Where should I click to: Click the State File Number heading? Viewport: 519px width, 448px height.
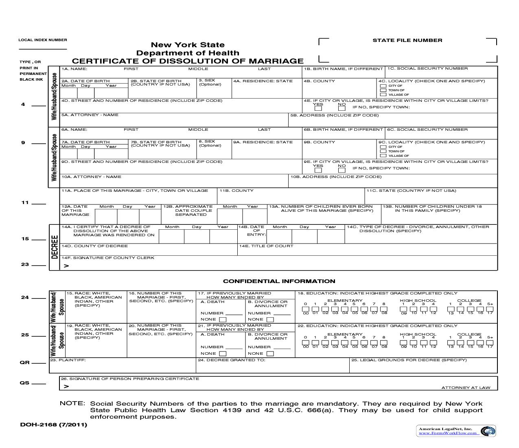pos(407,40)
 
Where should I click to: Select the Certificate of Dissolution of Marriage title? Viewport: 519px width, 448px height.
pos(188,61)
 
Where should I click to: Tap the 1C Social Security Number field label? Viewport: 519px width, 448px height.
pos(427,68)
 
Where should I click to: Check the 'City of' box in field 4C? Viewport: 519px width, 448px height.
pos(383,86)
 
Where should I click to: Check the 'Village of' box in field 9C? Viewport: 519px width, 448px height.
pos(383,156)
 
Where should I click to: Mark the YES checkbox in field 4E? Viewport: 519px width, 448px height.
pos(318,108)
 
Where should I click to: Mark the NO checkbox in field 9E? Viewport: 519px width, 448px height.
pos(342,169)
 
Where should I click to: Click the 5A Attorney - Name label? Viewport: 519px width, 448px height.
pos(90,115)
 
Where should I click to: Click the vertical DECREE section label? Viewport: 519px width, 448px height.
pos(55,247)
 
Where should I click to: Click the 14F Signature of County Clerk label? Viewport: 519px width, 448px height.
pos(108,258)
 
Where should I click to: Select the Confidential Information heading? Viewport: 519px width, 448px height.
pos(279,281)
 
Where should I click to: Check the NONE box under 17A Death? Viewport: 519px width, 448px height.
pos(222,320)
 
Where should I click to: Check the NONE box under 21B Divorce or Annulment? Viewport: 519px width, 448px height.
pos(270,354)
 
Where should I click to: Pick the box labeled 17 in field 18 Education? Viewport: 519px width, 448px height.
pos(490,309)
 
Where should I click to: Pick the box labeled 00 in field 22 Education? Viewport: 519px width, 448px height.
pos(306,343)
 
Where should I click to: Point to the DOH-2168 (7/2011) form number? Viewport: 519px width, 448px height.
pos(53,425)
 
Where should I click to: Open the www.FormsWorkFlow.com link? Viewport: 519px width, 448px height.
pos(448,433)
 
